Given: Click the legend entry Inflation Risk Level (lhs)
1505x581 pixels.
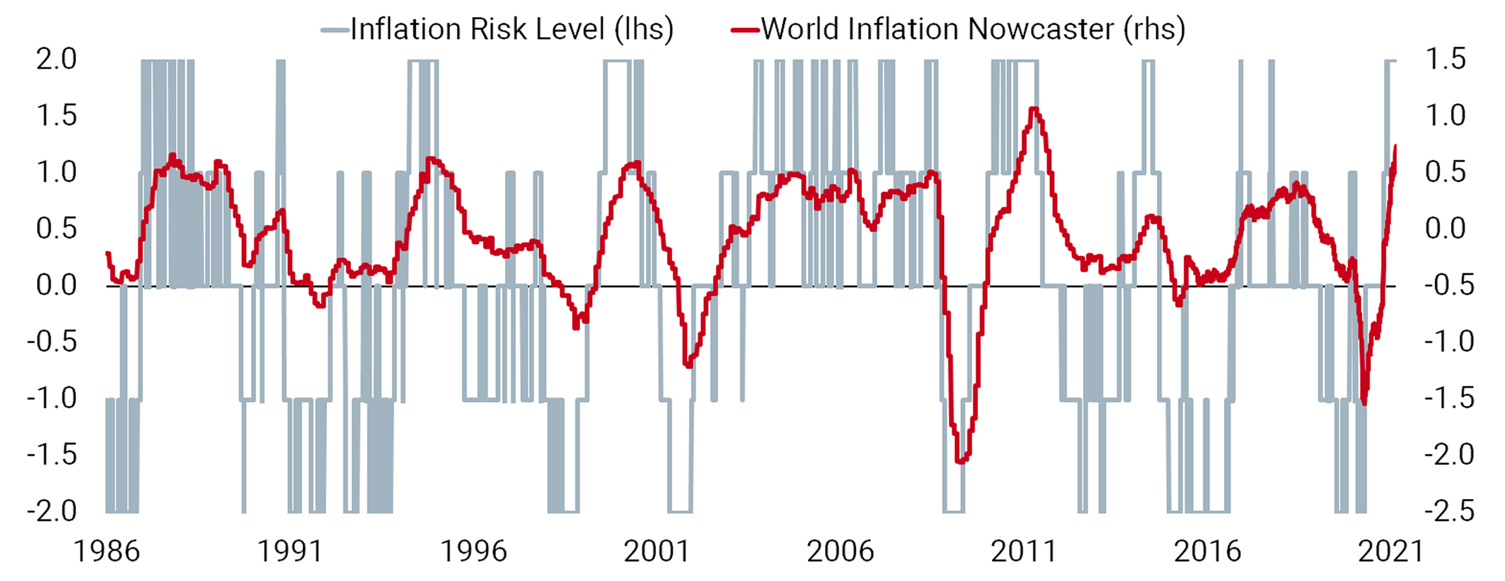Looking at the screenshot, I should [512, 29].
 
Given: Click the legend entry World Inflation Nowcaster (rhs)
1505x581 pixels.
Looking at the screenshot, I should [973, 29].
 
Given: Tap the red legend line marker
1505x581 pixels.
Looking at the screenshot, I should [745, 30].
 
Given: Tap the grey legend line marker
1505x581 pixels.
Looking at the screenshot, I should [335, 30].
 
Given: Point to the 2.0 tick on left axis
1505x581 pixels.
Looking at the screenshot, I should [56, 59].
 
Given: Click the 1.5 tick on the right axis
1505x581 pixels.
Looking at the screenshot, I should [1445, 59].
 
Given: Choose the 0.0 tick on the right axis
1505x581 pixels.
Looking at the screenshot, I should [1445, 228].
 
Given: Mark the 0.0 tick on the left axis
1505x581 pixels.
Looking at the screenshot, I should [56, 285].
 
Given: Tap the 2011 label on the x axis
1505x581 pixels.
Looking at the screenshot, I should [1023, 551].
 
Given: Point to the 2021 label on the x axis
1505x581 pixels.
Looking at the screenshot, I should [1390, 551].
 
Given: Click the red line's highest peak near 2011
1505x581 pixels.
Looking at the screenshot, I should [1034, 109].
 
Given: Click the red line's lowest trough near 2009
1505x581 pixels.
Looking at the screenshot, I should [961, 462].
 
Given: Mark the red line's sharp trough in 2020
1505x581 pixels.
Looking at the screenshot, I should [1364, 404].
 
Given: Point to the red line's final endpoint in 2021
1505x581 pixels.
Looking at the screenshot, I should [1395, 146].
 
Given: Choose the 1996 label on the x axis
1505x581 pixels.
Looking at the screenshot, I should [473, 551].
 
